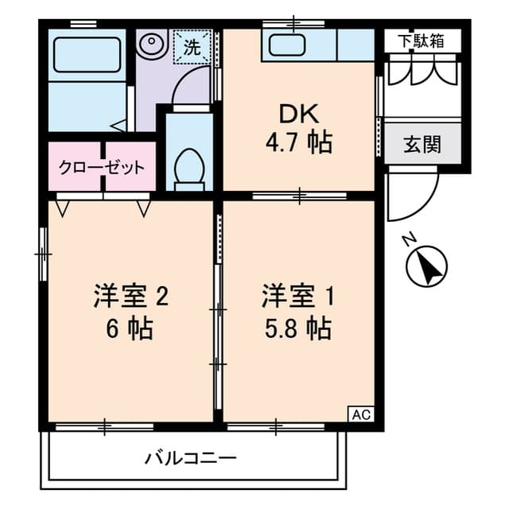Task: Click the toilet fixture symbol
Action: pyautogui.click(x=189, y=168)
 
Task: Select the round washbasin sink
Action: pyautogui.click(x=149, y=45)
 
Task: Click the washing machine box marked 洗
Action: pyautogui.click(x=192, y=46)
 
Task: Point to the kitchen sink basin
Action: pyautogui.click(x=287, y=45)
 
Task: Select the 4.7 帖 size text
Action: pyautogui.click(x=298, y=144)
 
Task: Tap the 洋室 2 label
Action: pyautogui.click(x=130, y=297)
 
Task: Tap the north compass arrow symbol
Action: pyautogui.click(x=427, y=265)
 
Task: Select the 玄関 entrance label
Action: pyautogui.click(x=422, y=145)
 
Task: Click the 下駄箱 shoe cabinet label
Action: pyautogui.click(x=422, y=40)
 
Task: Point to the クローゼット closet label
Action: pyautogui.click(x=102, y=168)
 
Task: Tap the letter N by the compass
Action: pyautogui.click(x=408, y=239)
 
